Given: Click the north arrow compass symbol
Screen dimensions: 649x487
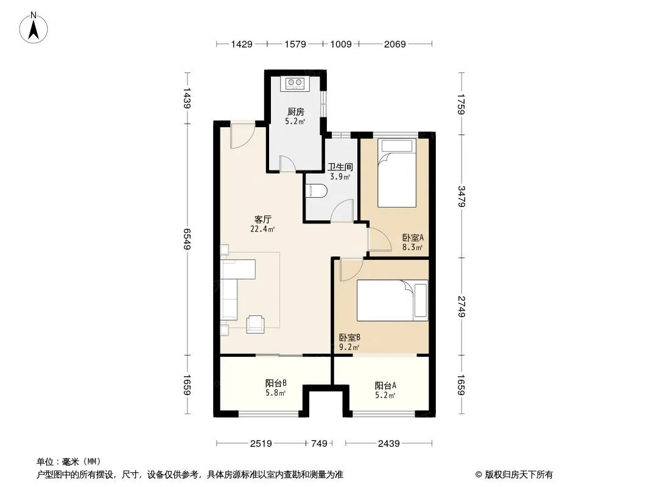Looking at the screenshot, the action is click(x=33, y=28).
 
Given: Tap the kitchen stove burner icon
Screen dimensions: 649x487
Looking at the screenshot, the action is click(x=295, y=83).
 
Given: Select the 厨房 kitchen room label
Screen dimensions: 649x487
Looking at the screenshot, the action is click(x=296, y=112).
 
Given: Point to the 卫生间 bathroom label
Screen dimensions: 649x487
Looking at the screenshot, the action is click(x=340, y=167).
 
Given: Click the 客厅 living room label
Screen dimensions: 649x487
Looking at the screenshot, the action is click(x=263, y=219).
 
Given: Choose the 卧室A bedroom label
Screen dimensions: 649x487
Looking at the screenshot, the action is click(x=413, y=237).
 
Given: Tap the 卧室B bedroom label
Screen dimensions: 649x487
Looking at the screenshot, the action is click(x=349, y=337).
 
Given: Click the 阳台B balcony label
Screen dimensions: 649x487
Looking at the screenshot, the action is click(x=276, y=383).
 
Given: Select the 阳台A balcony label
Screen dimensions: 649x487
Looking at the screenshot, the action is click(x=386, y=385).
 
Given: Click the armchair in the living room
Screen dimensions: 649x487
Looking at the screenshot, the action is click(x=255, y=324).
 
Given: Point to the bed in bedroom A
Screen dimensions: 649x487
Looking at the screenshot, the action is click(x=396, y=172).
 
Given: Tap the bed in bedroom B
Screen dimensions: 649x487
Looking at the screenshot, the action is click(x=392, y=300).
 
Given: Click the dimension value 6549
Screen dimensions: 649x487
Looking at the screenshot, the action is click(x=187, y=239).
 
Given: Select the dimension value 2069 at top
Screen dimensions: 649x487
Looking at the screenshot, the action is click(x=395, y=44).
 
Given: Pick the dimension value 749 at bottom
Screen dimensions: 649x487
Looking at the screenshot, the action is click(x=319, y=444).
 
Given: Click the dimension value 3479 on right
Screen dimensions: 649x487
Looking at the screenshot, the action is click(x=461, y=196).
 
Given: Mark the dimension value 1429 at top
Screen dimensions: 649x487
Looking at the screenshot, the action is click(x=242, y=44).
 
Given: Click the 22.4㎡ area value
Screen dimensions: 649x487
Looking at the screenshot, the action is click(x=263, y=229).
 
